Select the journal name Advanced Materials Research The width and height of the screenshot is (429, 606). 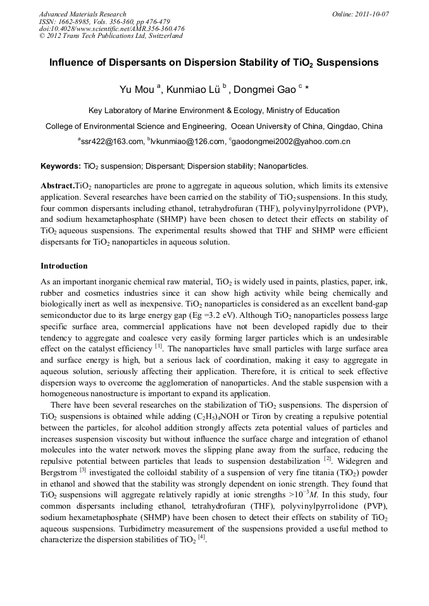pyautogui.click(x=82, y=14)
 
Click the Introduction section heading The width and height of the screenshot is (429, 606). pyautogui.click(x=64, y=266)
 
